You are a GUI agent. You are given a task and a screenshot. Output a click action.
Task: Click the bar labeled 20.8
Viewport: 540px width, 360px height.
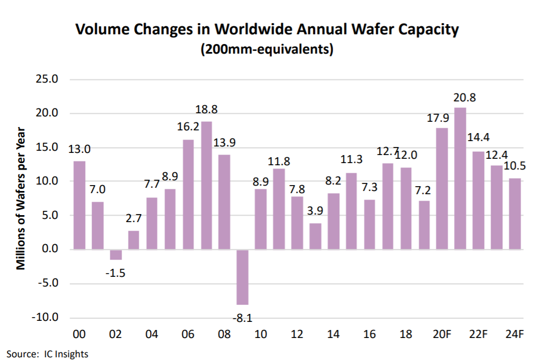tap(460, 178)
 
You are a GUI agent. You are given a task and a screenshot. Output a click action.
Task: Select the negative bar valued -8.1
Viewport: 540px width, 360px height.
tap(243, 277)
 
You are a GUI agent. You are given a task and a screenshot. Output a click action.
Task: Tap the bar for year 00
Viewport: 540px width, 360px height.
tap(79, 205)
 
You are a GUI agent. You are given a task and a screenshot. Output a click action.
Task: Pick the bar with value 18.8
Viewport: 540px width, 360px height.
tap(206, 185)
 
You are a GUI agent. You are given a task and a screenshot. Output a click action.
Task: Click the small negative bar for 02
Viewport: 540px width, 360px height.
tap(115, 254)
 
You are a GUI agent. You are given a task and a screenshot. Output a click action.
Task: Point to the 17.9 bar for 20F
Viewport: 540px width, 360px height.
tap(442, 188)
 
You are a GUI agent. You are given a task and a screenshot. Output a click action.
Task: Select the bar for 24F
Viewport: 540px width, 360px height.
tap(515, 214)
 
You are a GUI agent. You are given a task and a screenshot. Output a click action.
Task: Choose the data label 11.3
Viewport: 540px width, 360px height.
tap(352, 159)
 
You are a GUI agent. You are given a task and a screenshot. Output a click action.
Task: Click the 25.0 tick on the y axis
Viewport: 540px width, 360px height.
tap(48, 79)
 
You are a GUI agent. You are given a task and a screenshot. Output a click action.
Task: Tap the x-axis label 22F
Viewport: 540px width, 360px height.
tap(478, 335)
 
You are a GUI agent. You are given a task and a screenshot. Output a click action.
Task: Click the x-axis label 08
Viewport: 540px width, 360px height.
tap(224, 335)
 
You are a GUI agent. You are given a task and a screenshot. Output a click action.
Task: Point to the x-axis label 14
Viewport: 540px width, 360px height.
tap(333, 335)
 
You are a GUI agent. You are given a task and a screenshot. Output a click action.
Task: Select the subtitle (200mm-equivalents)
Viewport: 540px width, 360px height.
tap(267, 49)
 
